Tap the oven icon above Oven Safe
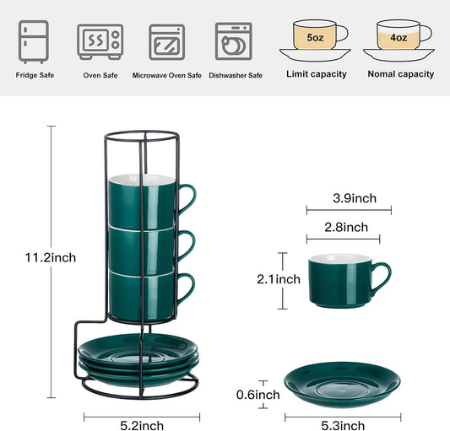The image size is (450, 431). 100,40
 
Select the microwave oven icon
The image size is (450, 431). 166,40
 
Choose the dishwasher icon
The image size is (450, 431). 233,40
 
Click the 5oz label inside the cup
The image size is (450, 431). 313,37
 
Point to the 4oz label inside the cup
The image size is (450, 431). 397,37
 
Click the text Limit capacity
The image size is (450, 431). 317,74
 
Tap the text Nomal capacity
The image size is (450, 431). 400,74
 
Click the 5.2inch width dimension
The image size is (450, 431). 142,426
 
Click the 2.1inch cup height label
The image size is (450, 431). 278,278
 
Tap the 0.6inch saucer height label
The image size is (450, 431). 257,395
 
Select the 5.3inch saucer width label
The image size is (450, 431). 341,426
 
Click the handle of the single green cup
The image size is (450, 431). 383,277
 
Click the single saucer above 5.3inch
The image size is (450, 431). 341,381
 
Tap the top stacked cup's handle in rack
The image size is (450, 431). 187,197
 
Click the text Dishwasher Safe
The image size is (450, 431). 236,75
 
